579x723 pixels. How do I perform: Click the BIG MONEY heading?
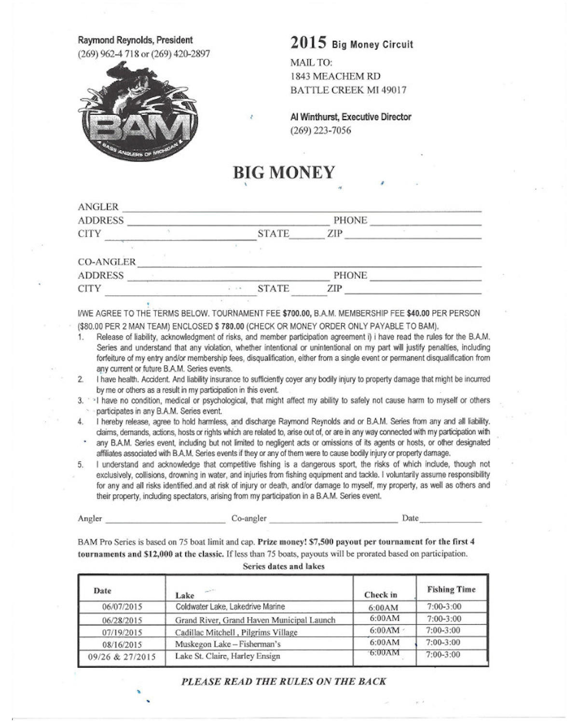tap(284, 173)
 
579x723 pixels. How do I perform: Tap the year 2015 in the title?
tap(309, 43)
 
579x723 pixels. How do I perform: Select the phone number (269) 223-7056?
tap(320, 130)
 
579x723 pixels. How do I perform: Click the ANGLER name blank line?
tap(302, 208)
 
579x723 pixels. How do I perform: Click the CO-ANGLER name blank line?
tap(309, 263)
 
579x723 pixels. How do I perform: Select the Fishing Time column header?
tap(451, 589)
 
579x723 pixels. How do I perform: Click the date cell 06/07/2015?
tap(122, 607)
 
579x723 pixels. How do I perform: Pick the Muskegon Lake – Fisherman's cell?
tap(228, 644)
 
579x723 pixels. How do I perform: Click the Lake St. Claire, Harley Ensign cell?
tap(227, 656)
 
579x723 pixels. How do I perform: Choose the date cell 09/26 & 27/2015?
tap(122, 656)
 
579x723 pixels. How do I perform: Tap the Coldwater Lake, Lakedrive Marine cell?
tap(230, 607)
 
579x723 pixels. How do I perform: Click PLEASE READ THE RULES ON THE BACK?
tap(284, 682)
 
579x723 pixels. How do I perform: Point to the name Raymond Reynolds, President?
tap(135, 40)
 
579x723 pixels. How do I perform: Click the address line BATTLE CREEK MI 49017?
tap(348, 90)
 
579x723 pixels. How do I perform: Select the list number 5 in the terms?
tap(81, 465)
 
